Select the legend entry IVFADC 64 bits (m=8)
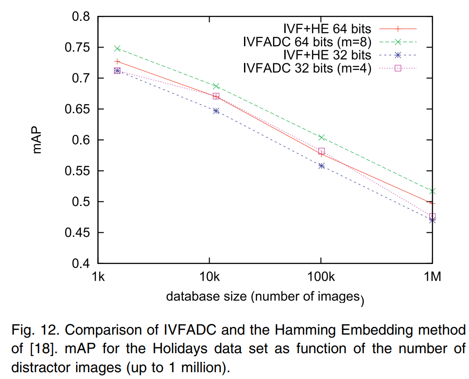(307, 42)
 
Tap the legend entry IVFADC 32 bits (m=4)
(307, 68)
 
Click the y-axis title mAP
(38, 140)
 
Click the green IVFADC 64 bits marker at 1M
(432, 191)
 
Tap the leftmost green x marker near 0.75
(117, 48)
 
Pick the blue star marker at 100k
(321, 166)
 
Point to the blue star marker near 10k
(216, 110)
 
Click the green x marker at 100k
(321, 137)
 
